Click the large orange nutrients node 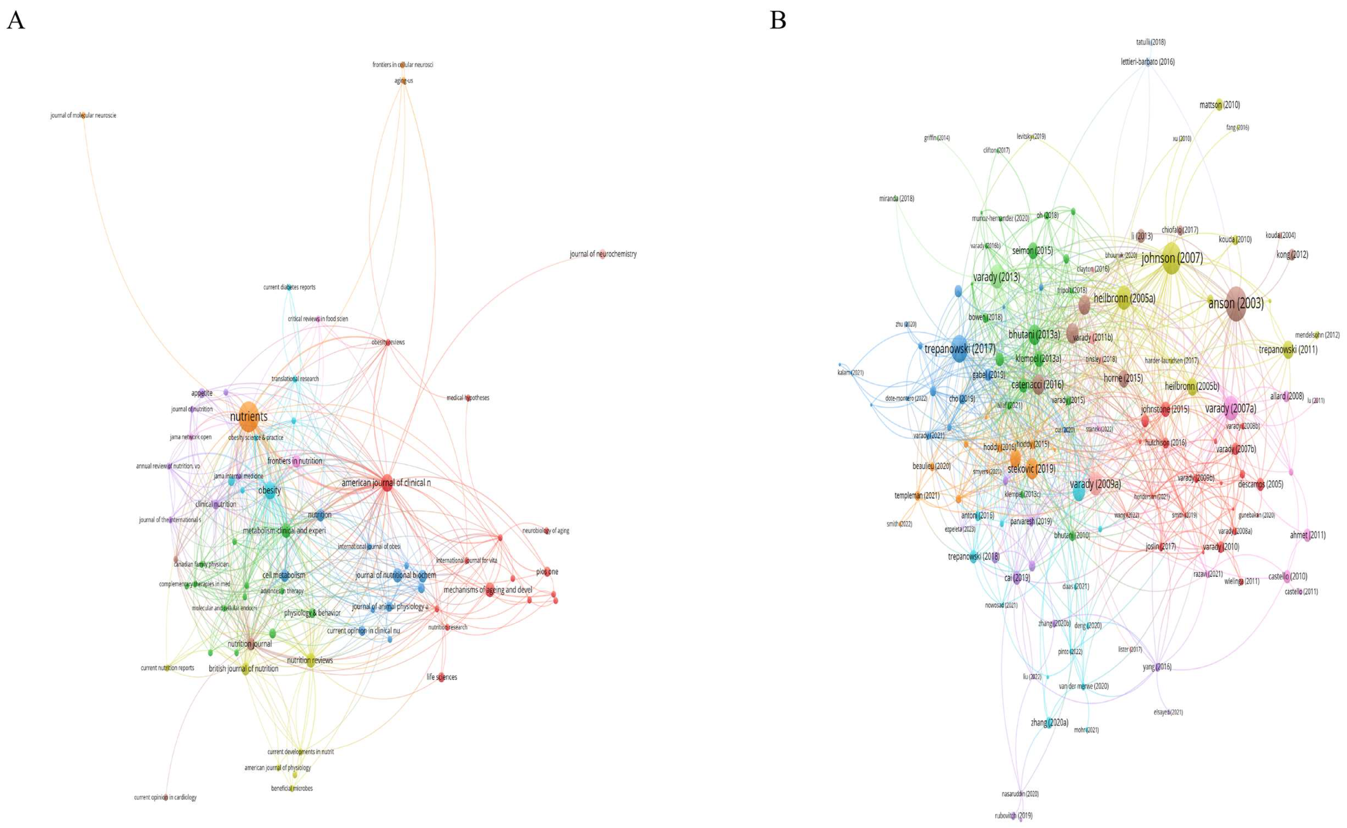tap(248, 417)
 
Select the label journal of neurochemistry tap(603, 254)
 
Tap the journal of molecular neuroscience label tap(83, 115)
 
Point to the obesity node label tap(269, 490)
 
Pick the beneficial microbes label tap(292, 789)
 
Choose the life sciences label tap(442, 678)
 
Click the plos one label tap(547, 572)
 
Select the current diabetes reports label tap(289, 287)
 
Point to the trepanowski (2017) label tap(960, 349)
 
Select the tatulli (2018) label tap(1150, 42)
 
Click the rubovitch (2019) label tap(1013, 815)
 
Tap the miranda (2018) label tap(897, 199)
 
